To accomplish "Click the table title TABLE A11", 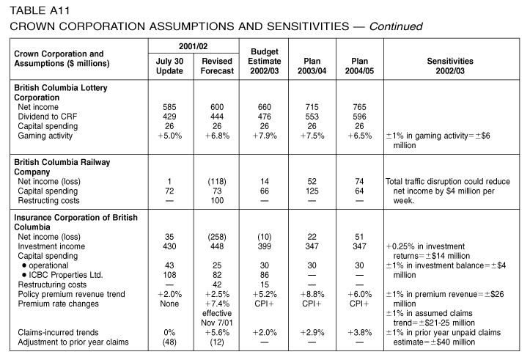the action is (40, 10).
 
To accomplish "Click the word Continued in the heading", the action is (395, 26).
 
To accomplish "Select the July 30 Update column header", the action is (169, 66).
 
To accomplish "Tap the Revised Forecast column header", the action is (217, 66).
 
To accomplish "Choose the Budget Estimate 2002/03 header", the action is (265, 61).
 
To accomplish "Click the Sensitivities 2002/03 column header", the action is (450, 66).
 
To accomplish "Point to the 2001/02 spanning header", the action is (194, 46).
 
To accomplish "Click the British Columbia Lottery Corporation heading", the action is (61, 92).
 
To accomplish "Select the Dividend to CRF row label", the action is (48, 117).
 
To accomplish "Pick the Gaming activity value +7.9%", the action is (265, 136).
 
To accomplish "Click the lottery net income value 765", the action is (359, 107).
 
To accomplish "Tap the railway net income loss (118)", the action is (217, 182).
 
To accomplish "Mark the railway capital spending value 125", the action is (312, 191).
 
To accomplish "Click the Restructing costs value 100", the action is (217, 200).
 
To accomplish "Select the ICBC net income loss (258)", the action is (217, 237).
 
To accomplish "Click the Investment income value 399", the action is (265, 246).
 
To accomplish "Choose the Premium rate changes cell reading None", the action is (169, 304).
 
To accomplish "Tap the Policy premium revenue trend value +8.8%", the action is (312, 295).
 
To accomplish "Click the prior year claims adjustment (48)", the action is (169, 342).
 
